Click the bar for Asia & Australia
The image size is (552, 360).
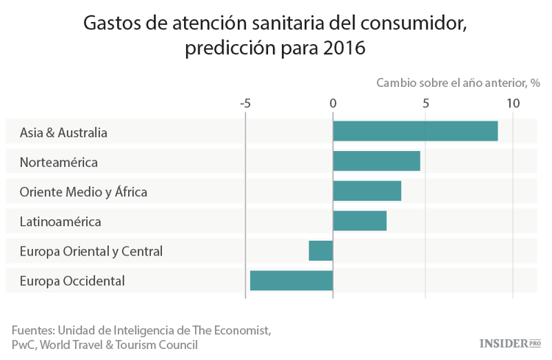pos(415,131)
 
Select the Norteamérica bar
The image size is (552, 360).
pos(376,160)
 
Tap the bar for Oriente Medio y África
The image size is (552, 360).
pos(367,191)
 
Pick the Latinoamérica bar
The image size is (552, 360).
pos(359,220)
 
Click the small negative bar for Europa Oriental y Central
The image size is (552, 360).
pos(321,250)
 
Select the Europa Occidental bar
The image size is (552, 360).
pos(291,280)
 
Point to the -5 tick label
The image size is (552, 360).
pos(245,103)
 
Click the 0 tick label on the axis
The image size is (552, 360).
pos(333,103)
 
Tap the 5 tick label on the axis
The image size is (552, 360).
pos(425,103)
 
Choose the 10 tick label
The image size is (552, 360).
pos(512,103)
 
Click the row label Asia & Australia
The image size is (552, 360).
pos(63,133)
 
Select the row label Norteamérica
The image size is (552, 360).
pos(58,162)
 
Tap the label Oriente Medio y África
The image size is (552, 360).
pos(83,191)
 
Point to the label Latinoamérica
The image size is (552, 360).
pos(60,221)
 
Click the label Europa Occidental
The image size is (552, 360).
pos(72,280)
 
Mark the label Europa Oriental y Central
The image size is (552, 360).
pos(91,251)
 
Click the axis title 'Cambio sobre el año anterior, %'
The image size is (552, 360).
pos(459,82)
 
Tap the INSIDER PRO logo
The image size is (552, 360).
pos(509,343)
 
